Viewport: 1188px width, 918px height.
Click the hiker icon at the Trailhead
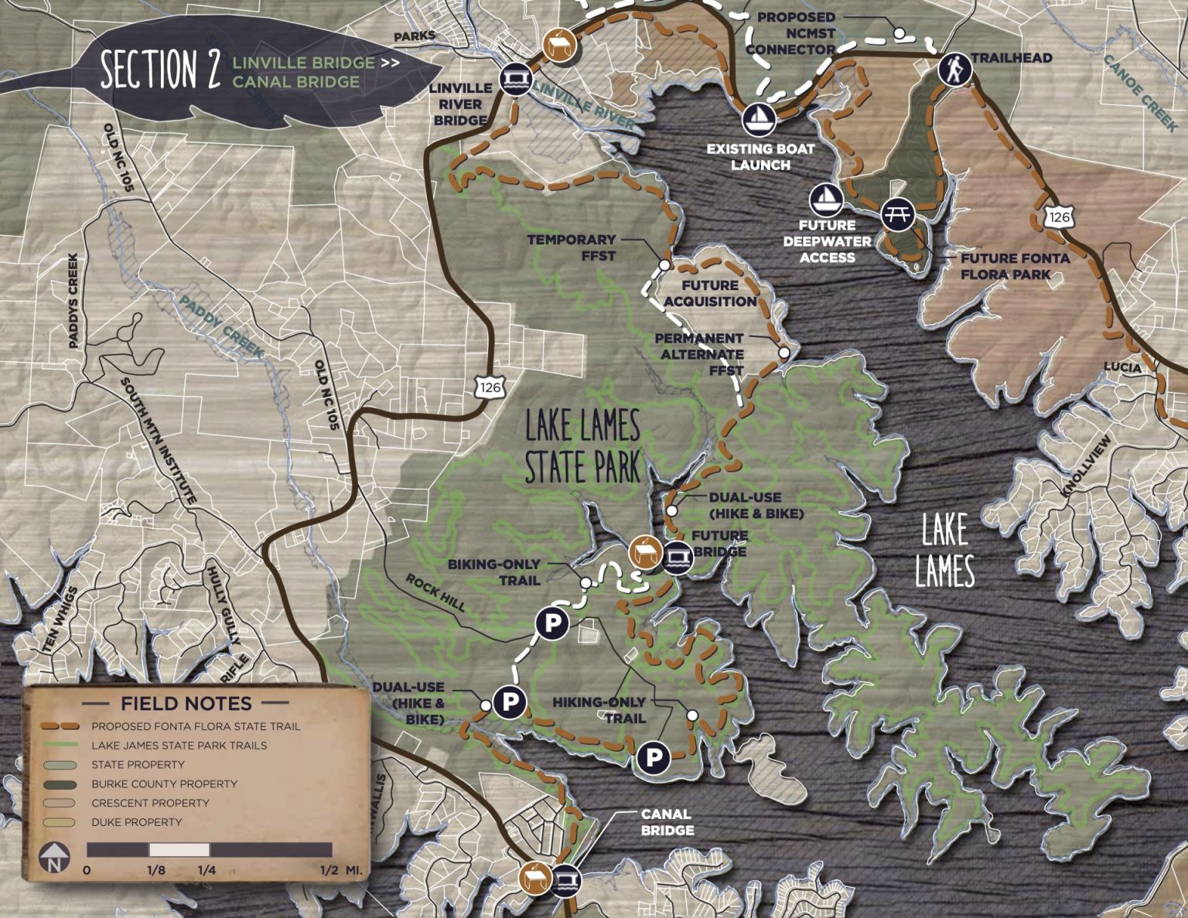[954, 70]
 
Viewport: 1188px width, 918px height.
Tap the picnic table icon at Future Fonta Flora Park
[897, 213]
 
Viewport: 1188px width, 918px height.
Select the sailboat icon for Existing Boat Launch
[758, 119]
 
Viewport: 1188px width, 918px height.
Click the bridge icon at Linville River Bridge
[514, 78]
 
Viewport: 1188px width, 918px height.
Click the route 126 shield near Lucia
[1059, 217]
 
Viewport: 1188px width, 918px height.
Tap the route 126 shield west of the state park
[489, 386]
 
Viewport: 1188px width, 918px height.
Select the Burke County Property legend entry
[163, 783]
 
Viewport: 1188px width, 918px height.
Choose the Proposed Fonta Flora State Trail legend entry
[195, 726]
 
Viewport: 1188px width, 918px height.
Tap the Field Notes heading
[186, 703]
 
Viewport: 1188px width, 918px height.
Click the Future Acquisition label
[710, 293]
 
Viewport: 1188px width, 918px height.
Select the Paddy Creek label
[220, 326]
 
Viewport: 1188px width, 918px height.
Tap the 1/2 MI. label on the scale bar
[341, 870]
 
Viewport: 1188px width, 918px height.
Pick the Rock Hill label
[436, 592]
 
